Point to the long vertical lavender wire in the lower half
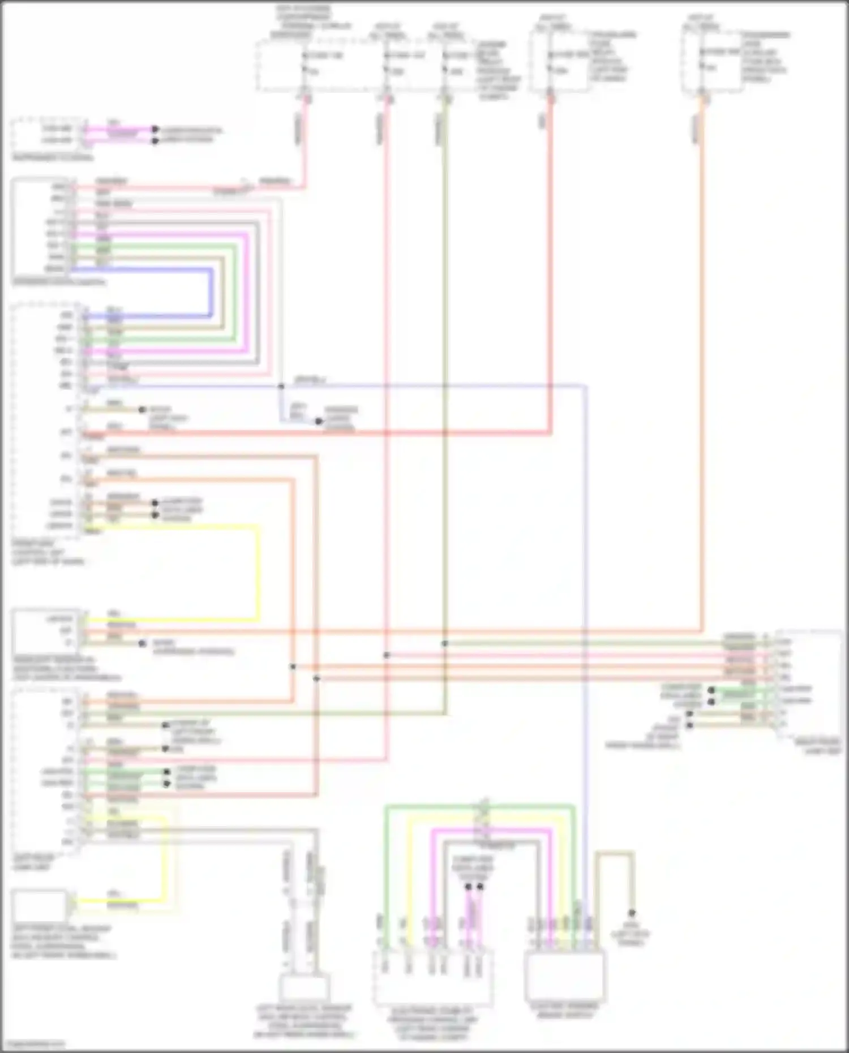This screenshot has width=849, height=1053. tap(585, 622)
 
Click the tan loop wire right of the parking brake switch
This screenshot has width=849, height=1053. tap(614, 852)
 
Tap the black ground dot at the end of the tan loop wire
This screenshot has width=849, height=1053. tap(632, 913)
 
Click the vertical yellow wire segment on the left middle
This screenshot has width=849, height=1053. tap(259, 571)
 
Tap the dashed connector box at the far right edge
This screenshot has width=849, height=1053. tap(809, 685)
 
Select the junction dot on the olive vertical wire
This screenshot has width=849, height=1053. tap(445, 643)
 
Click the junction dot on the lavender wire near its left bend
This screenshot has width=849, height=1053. tap(281, 386)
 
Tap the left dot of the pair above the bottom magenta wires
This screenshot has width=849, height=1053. tap(468, 887)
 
